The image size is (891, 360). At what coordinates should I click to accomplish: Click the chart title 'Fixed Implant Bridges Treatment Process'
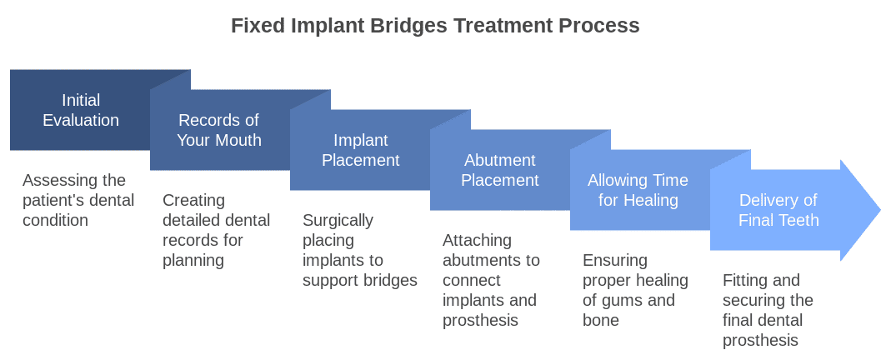pyautogui.click(x=435, y=26)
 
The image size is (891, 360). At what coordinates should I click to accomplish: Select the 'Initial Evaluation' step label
pyautogui.click(x=81, y=110)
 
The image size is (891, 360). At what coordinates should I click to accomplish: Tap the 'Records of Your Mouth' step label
pyautogui.click(x=219, y=130)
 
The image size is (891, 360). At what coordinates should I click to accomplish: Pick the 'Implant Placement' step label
pyautogui.click(x=360, y=150)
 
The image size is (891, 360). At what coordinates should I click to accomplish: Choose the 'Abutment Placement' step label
pyautogui.click(x=499, y=170)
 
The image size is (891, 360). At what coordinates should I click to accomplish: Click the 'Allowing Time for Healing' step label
pyautogui.click(x=638, y=190)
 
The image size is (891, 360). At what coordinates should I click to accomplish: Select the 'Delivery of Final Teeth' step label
pyautogui.click(x=778, y=210)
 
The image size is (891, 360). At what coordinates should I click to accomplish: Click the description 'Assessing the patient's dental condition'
pyautogui.click(x=74, y=200)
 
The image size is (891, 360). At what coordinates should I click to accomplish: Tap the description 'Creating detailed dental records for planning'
pyautogui.click(x=216, y=230)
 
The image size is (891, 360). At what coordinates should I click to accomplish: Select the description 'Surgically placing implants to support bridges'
pyautogui.click(x=359, y=250)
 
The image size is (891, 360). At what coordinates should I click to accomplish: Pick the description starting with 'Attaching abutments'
pyautogui.click(x=491, y=280)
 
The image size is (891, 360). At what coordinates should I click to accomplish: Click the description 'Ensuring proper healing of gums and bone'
pyautogui.click(x=635, y=290)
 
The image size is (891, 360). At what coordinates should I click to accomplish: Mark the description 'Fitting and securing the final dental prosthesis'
pyautogui.click(x=768, y=310)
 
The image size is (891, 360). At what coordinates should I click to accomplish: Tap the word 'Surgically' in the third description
pyautogui.click(x=338, y=220)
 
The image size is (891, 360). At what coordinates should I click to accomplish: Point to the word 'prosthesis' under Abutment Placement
pyautogui.click(x=480, y=320)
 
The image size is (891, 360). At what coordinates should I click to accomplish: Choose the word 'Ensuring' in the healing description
pyautogui.click(x=614, y=260)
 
